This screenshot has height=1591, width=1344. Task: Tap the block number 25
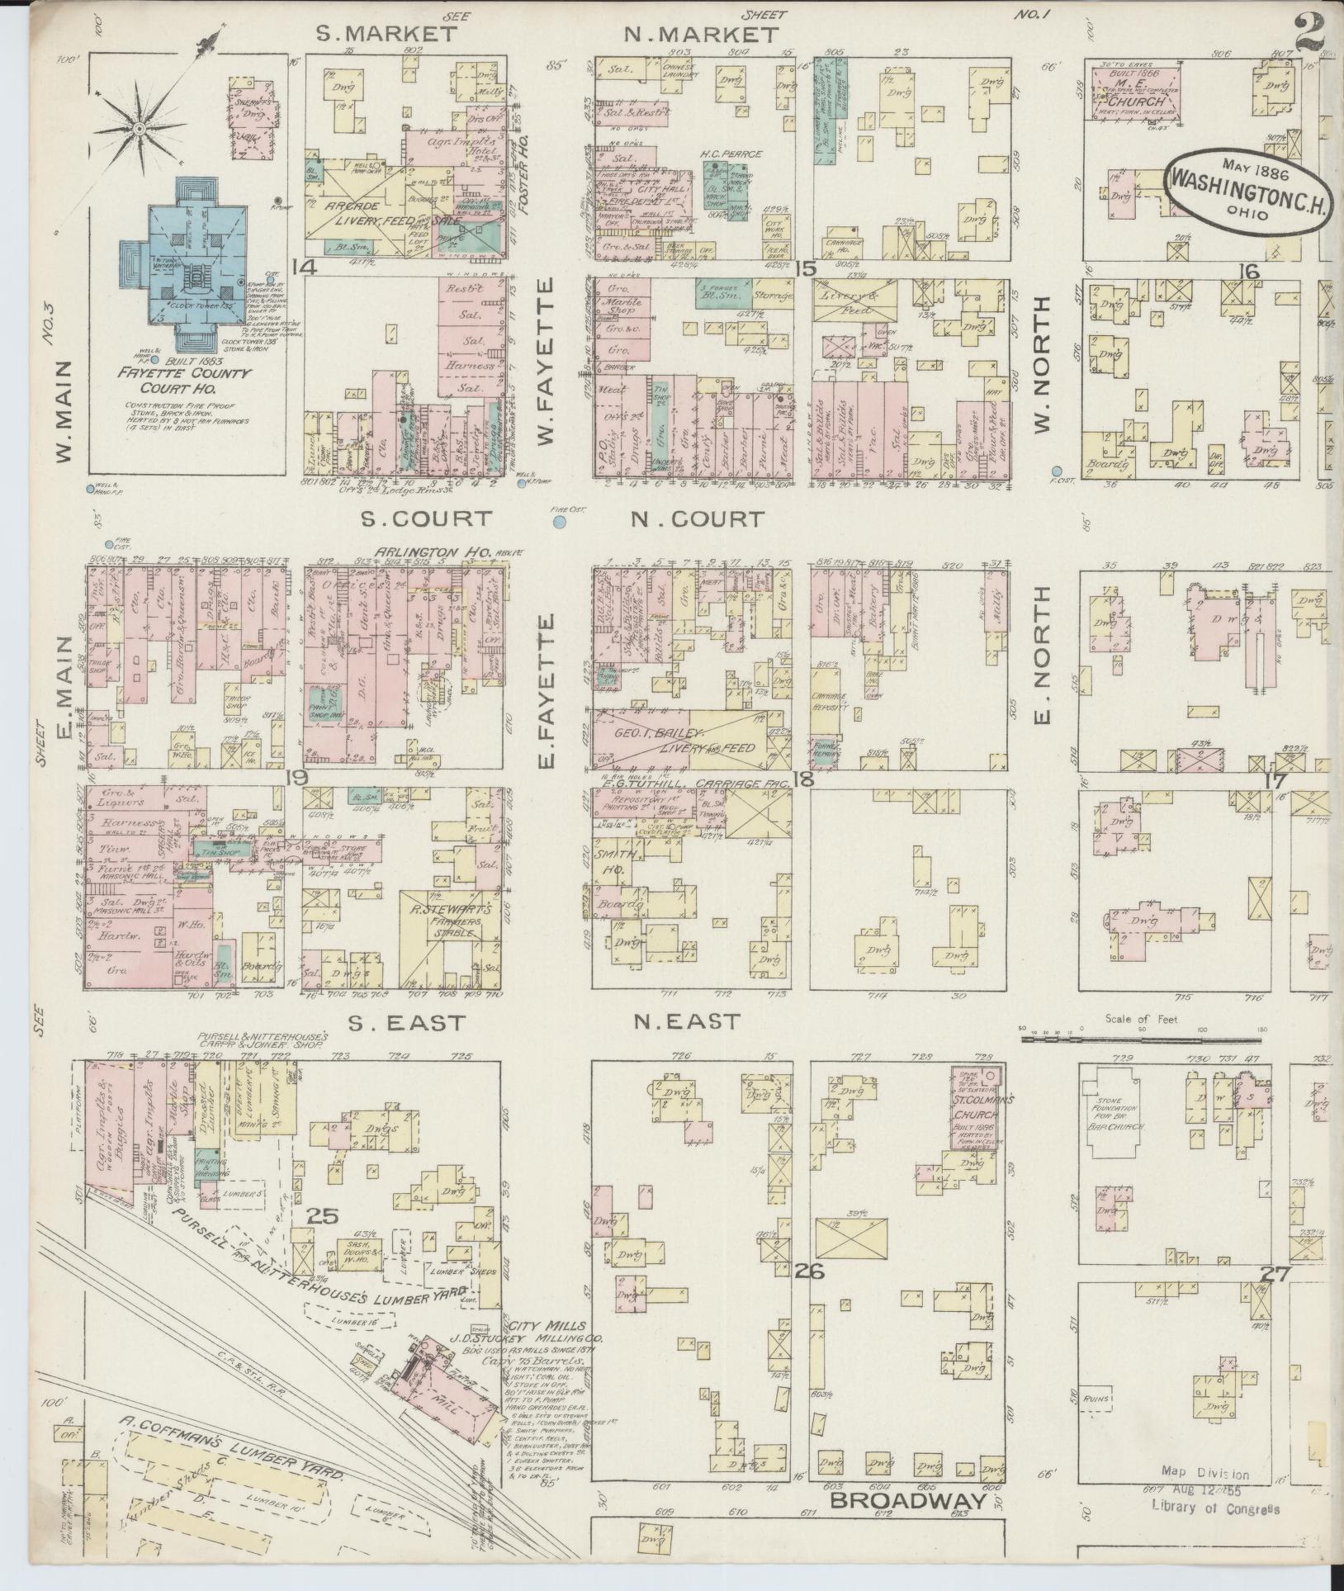323,1215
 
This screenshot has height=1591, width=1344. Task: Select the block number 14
304,267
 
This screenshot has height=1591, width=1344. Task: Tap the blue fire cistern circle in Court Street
559,522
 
